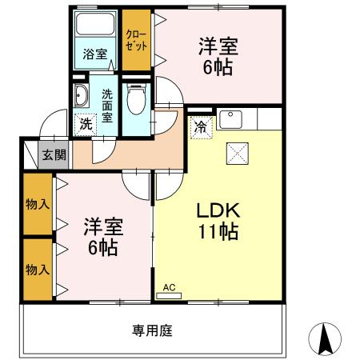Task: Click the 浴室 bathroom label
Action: (x=95, y=54)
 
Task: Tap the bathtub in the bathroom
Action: (x=95, y=24)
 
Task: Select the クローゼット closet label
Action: (x=136, y=41)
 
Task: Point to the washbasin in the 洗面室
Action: (x=81, y=96)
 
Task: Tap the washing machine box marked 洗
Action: (x=86, y=125)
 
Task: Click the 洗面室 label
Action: (x=107, y=106)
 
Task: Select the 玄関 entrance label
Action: (x=54, y=154)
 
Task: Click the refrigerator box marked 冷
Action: (x=202, y=127)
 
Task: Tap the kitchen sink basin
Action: (x=230, y=119)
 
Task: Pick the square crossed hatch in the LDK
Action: (x=238, y=154)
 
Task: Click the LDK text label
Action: (x=218, y=210)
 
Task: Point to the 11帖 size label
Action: (x=218, y=231)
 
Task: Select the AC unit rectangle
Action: (x=169, y=296)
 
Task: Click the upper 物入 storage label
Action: (x=38, y=205)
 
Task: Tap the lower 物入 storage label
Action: (x=38, y=270)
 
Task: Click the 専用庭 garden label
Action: (x=152, y=330)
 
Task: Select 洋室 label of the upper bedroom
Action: (x=218, y=46)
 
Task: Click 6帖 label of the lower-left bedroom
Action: (x=103, y=248)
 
